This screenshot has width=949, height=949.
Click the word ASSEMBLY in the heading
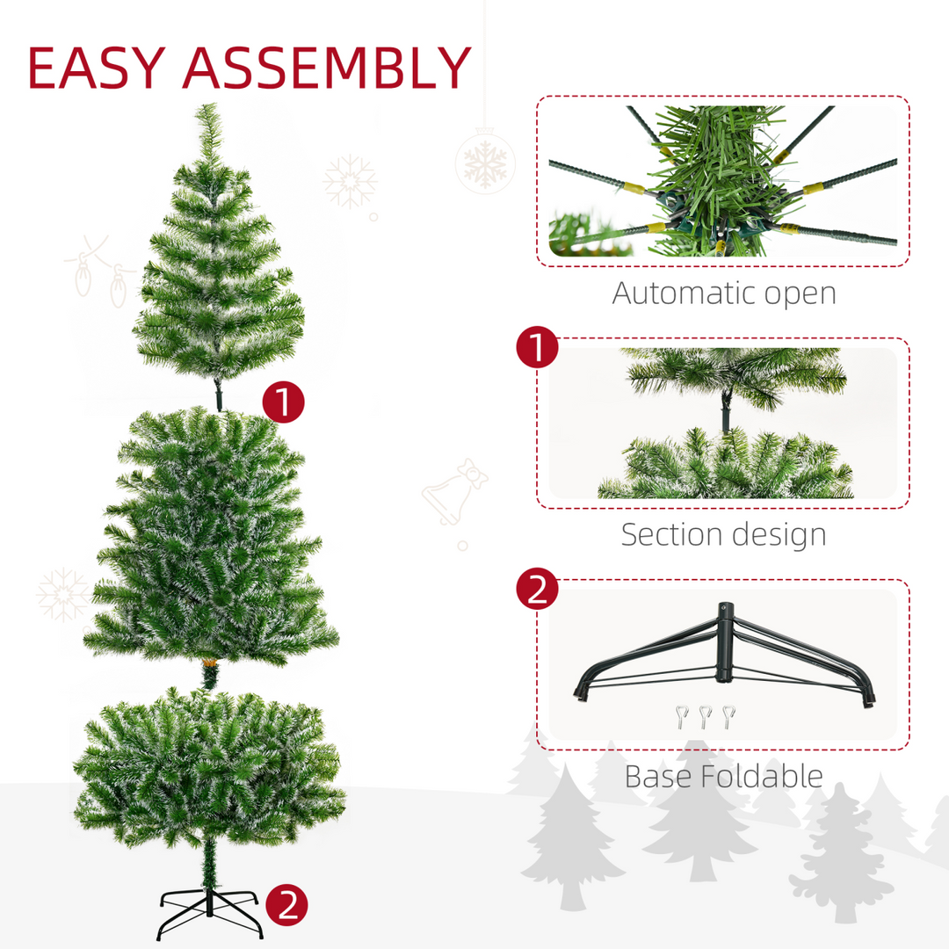point(327,68)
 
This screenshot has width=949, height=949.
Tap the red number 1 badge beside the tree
point(283,402)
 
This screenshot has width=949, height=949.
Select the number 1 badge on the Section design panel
point(537,348)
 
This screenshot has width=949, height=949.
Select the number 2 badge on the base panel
point(537,590)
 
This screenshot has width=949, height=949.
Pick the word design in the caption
point(781,535)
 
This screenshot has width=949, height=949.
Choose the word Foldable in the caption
point(766,776)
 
